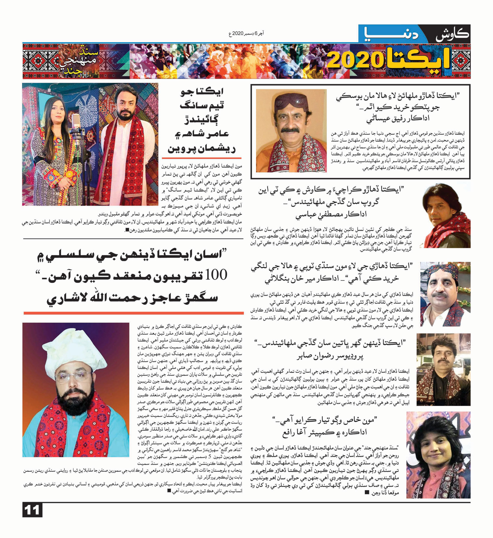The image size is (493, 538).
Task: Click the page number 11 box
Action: click(32, 510)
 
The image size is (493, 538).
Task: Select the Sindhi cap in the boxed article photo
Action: click(290, 100)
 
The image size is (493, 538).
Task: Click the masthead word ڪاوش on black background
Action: click(452, 34)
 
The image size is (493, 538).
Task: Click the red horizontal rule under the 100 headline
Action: click(133, 313)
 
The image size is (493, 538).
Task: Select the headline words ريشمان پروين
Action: click(201, 149)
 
